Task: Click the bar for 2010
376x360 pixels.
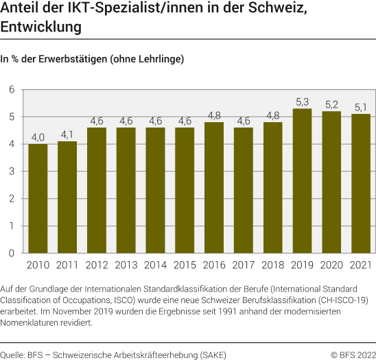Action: point(38,198)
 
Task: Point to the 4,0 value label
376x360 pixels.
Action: point(38,137)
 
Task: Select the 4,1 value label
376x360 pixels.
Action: point(67,134)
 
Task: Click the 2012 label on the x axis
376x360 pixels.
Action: point(97,264)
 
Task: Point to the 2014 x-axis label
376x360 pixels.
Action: point(156,264)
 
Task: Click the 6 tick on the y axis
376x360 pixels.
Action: point(12,90)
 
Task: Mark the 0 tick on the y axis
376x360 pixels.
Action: point(12,253)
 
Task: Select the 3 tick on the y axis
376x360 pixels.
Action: point(12,171)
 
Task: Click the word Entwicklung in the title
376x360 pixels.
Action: point(41,28)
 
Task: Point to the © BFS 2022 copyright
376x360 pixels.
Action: point(353,355)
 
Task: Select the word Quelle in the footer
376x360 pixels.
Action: point(12,355)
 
